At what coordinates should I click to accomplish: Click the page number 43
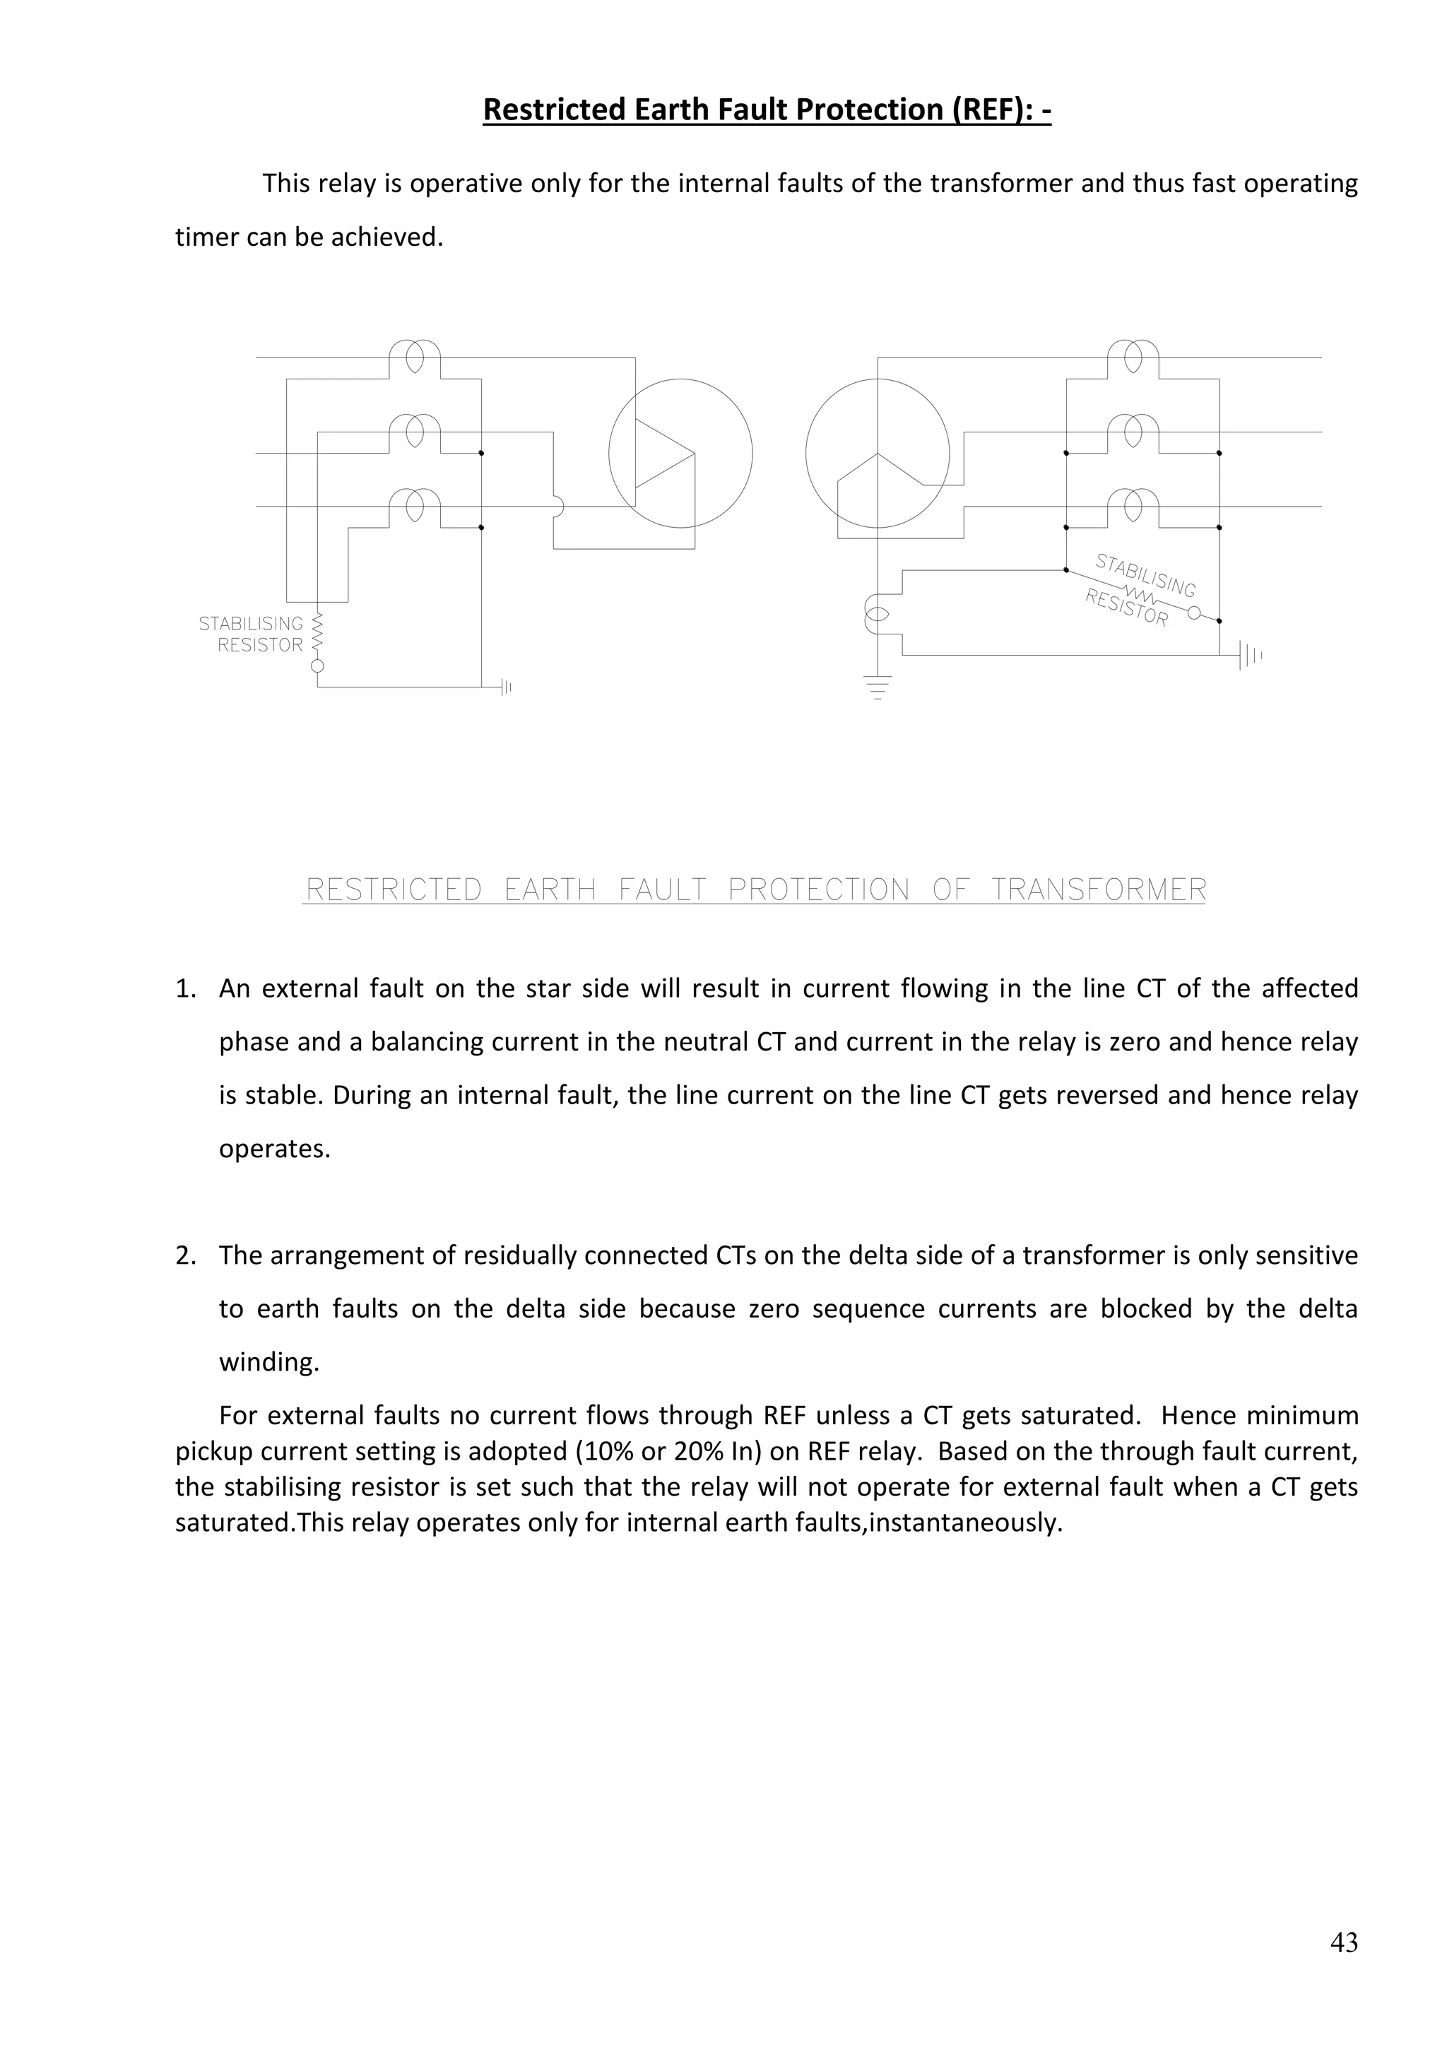pyautogui.click(x=1344, y=1941)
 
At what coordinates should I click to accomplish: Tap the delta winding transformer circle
pyautogui.click(x=680, y=453)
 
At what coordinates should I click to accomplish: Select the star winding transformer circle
pyautogui.click(x=877, y=453)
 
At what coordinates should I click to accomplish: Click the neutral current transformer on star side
pyautogui.click(x=877, y=615)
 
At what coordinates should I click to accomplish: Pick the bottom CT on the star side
pyautogui.click(x=1133, y=507)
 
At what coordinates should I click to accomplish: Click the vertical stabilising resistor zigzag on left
pyautogui.click(x=317, y=632)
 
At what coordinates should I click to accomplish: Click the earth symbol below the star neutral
pyautogui.click(x=878, y=687)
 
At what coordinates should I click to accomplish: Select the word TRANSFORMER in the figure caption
pyautogui.click(x=1099, y=889)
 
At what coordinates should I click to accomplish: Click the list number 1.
pyautogui.click(x=184, y=989)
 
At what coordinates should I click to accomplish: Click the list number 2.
pyautogui.click(x=184, y=1255)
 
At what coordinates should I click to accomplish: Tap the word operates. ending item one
pyautogui.click(x=274, y=1149)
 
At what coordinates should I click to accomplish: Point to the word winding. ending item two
pyautogui.click(x=269, y=1363)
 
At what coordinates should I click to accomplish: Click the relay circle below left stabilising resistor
pyautogui.click(x=317, y=666)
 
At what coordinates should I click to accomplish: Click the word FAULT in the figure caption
pyautogui.click(x=662, y=889)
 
